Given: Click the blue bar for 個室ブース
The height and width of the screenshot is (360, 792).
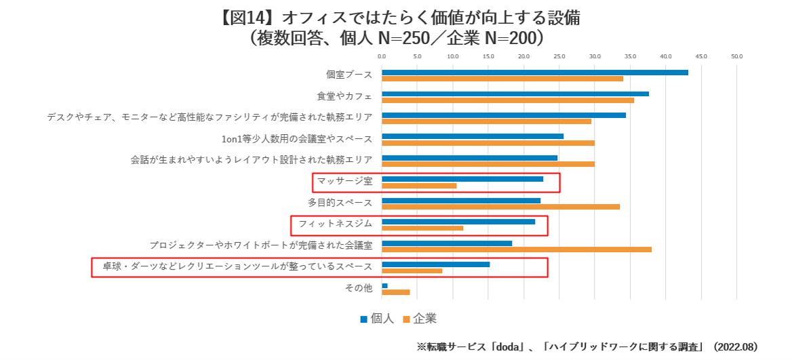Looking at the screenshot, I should pyautogui.click(x=535, y=73).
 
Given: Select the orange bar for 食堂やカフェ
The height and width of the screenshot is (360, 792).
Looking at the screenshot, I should pyautogui.click(x=508, y=100).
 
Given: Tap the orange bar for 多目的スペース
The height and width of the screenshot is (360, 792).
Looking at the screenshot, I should pyautogui.click(x=500, y=207).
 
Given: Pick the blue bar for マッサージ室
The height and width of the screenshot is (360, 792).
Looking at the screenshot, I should pyautogui.click(x=462, y=179).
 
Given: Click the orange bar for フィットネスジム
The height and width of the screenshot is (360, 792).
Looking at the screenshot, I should pyautogui.click(x=422, y=228).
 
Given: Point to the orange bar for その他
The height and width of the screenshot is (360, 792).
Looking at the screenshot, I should pyautogui.click(x=396, y=292).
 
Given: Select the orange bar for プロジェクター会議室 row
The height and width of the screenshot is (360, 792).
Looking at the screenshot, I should pyautogui.click(x=517, y=249).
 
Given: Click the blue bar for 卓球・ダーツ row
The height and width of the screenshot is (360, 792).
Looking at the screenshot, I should pyautogui.click(x=435, y=264).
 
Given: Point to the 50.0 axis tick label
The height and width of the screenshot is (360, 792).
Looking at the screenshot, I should pyautogui.click(x=737, y=56).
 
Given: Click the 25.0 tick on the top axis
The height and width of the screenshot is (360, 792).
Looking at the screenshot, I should pyautogui.click(x=559, y=56).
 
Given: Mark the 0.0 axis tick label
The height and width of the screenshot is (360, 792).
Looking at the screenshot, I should pyautogui.click(x=382, y=56).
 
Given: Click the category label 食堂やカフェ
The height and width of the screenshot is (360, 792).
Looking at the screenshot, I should pyautogui.click(x=344, y=96).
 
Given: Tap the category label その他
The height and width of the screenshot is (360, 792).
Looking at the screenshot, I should pyautogui.click(x=359, y=288).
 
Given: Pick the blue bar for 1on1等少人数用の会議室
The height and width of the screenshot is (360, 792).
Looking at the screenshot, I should pyautogui.click(x=473, y=136).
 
